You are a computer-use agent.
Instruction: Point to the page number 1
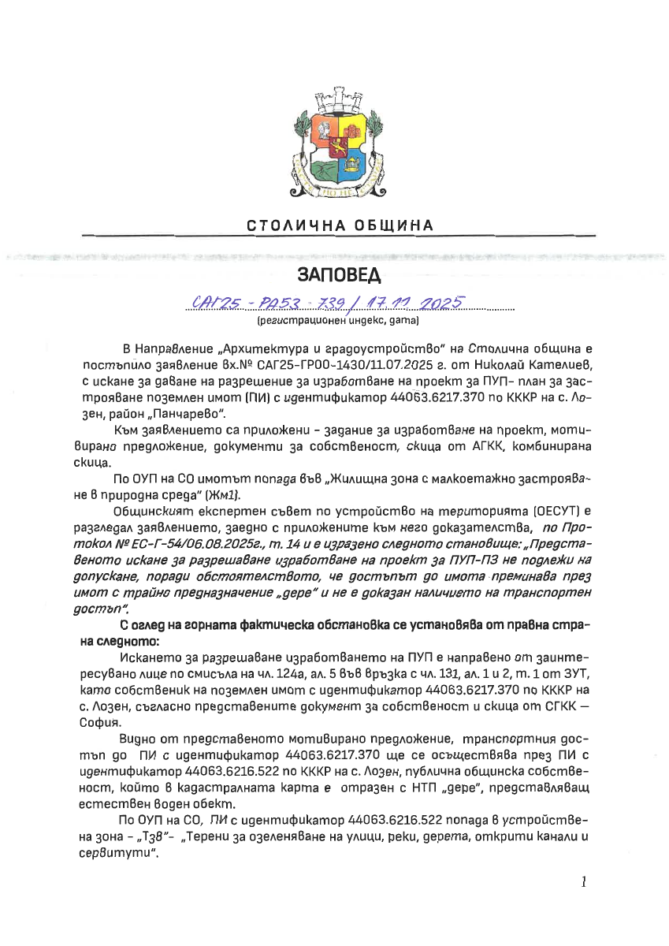point(584,882)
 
